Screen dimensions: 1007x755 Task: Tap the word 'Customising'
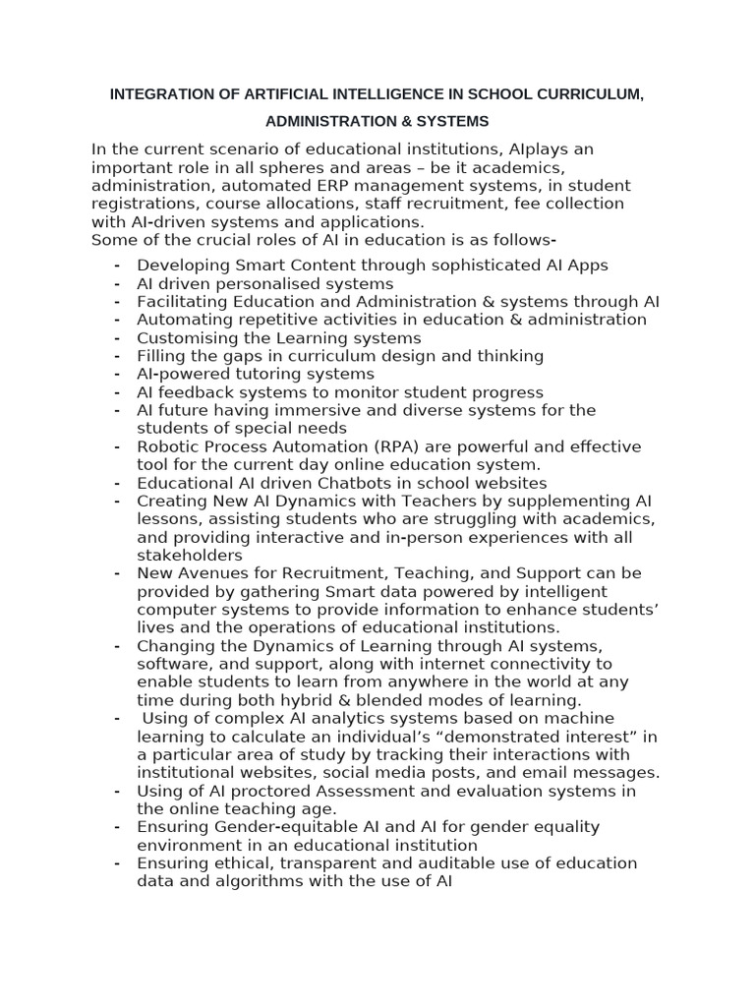click(x=184, y=338)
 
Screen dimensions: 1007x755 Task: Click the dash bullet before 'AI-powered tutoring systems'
click(x=117, y=374)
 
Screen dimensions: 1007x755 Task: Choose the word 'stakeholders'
click(x=189, y=555)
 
